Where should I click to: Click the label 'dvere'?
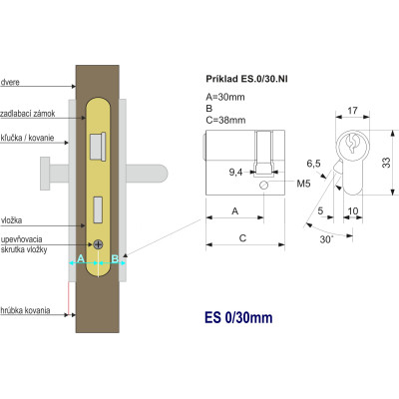click(10, 82)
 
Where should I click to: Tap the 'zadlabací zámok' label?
click(28, 114)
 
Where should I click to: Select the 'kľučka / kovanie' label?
click(28, 138)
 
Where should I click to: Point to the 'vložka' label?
click(12, 220)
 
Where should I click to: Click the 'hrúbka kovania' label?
click(26, 310)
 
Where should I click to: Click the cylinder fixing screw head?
click(98, 244)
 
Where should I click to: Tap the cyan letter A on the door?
click(81, 258)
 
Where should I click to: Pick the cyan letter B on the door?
click(115, 258)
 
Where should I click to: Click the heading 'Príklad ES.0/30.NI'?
click(246, 79)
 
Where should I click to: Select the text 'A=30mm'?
click(225, 97)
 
